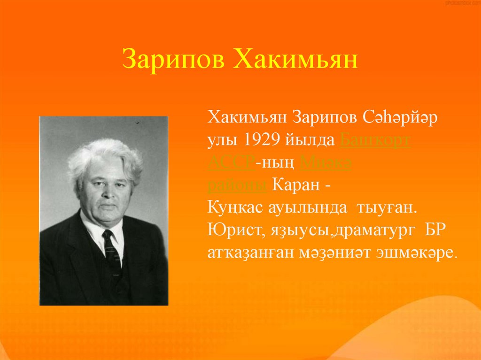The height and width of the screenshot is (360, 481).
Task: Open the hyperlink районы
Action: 237,185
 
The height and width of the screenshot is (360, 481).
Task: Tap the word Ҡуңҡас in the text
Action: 233,207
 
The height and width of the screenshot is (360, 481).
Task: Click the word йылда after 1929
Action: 310,140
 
